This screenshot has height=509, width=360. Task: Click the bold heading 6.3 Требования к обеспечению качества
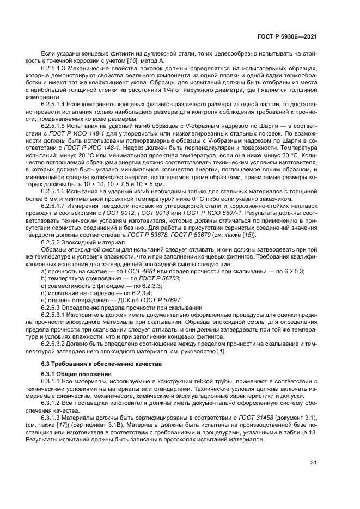pos(97,364)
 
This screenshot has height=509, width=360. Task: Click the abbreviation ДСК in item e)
pos(126,299)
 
